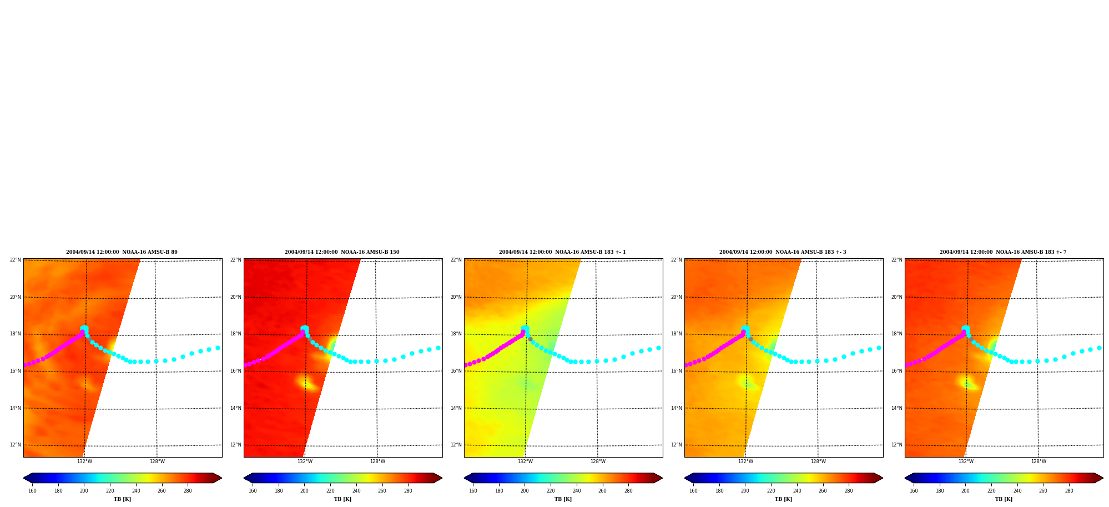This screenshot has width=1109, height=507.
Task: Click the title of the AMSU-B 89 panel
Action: pos(122,252)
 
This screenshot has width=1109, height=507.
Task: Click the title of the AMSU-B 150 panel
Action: pos(342,252)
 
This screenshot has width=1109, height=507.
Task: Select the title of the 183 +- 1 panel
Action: pos(562,252)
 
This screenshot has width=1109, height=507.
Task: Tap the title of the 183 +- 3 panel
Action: pos(783,252)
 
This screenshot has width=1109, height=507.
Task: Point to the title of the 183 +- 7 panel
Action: pos(1003,252)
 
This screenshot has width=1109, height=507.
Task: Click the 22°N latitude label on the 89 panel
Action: pos(16,260)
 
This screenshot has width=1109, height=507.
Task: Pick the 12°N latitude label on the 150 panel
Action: pos(236,445)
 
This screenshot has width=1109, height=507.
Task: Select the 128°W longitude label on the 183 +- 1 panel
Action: pos(598,461)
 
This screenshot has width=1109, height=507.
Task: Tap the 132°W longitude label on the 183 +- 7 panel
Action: pos(966,461)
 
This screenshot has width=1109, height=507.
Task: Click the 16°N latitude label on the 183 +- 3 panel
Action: pos(677,371)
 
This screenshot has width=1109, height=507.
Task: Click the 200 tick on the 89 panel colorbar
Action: pos(84,491)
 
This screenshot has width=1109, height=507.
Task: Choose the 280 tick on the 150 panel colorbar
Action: pos(408,491)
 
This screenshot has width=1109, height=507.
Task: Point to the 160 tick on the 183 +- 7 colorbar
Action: pos(914,491)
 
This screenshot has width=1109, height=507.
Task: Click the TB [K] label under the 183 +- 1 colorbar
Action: pos(563,499)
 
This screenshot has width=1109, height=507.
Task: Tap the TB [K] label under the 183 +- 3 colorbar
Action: pos(783,499)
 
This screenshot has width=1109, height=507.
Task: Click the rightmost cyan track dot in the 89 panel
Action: pos(218,348)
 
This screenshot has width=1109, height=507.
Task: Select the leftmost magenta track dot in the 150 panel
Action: pos(245,365)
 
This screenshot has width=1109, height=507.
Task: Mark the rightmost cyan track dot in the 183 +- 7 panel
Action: pos(1099,348)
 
